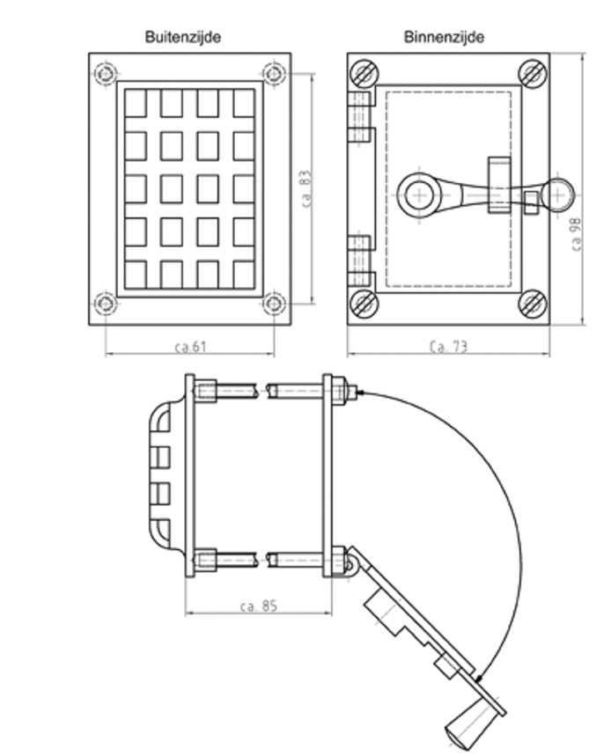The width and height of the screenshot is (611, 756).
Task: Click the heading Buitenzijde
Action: click(x=182, y=37)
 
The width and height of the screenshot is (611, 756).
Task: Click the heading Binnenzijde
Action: click(x=444, y=37)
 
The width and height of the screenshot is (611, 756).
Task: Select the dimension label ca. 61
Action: click(x=190, y=347)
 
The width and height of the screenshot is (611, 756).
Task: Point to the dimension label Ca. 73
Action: click(x=448, y=347)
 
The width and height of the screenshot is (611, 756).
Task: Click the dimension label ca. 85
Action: click(x=259, y=606)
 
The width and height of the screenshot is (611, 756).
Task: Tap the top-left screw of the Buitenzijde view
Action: click(x=106, y=71)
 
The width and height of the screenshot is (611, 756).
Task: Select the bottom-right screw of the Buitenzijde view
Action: click(x=274, y=305)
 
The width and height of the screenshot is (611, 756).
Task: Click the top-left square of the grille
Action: click(x=135, y=103)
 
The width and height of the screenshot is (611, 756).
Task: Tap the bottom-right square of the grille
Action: click(x=244, y=274)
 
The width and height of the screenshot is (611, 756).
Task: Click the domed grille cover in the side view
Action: click(x=159, y=475)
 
